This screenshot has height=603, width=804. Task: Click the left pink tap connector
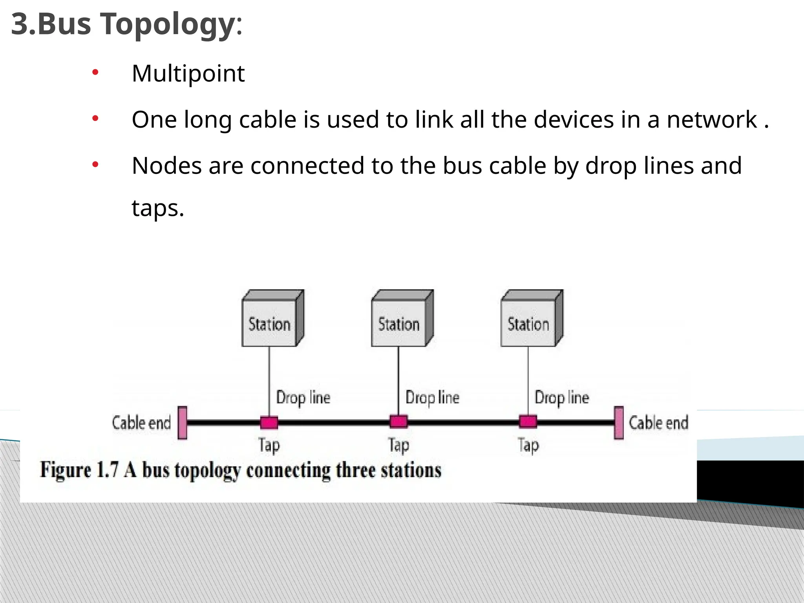point(269,422)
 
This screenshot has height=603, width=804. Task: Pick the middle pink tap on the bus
point(398,422)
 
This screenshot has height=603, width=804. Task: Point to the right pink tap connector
point(528,422)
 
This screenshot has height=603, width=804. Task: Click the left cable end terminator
point(183,423)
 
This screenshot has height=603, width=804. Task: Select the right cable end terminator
point(619,423)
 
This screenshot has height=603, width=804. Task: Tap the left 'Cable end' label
point(141,423)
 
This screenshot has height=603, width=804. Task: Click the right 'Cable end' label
point(658,423)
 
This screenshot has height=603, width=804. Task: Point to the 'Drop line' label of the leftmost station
point(303,398)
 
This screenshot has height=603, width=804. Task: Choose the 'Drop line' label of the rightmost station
point(562,398)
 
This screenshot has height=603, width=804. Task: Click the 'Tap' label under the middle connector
point(399,446)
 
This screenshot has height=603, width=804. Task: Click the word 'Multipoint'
point(188,73)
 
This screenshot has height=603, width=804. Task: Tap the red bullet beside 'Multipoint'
point(95,72)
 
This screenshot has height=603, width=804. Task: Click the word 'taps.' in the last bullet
point(158,208)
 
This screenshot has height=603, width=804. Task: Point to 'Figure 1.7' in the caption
point(79,470)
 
